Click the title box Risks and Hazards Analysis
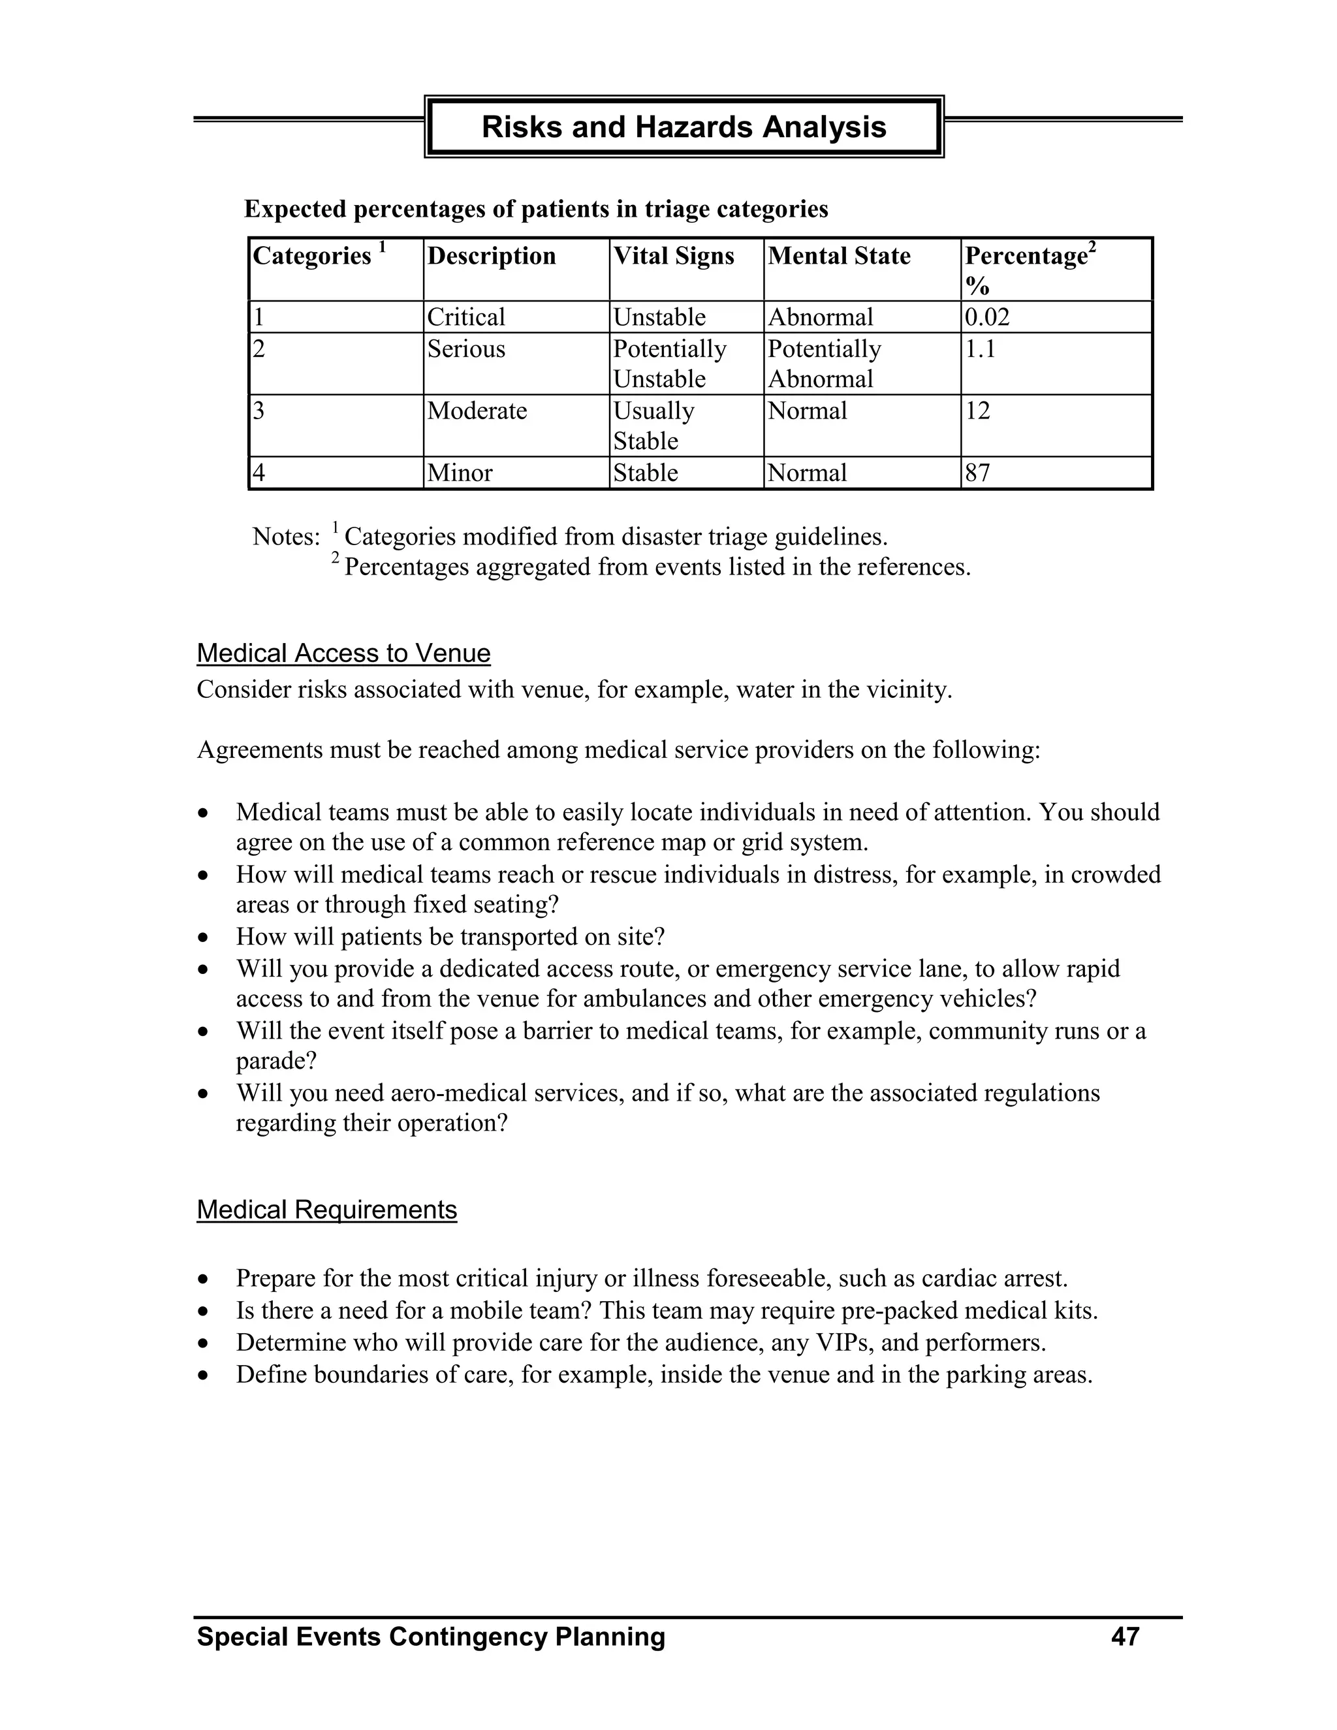click(x=684, y=127)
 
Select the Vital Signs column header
click(x=673, y=256)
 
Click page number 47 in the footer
click(x=1125, y=1637)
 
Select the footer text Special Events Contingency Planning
click(x=431, y=1637)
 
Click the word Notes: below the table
click(x=286, y=537)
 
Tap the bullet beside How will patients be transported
click(x=204, y=939)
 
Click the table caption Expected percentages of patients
click(x=535, y=209)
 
